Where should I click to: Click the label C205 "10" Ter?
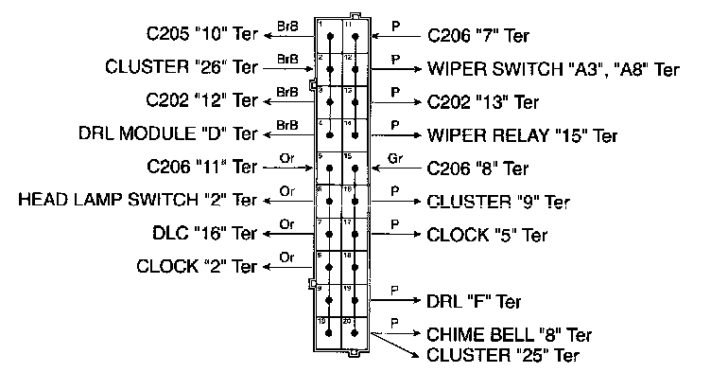point(201,37)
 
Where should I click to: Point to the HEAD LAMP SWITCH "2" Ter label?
point(138,200)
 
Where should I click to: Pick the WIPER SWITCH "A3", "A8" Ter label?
point(553,69)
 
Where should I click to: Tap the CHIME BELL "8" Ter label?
point(510,335)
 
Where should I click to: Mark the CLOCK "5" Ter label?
point(486,234)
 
